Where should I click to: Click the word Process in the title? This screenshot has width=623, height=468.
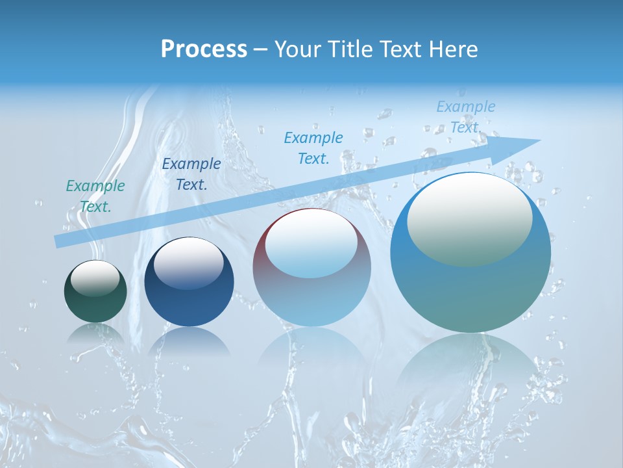[204, 49]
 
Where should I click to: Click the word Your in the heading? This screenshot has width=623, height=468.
[298, 49]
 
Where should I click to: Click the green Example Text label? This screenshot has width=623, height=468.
[95, 196]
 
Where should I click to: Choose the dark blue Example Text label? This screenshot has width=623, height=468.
[191, 174]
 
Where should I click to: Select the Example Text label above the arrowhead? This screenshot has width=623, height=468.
[465, 117]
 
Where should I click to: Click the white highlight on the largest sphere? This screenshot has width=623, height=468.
[469, 219]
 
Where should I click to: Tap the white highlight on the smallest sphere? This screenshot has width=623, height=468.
[95, 278]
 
